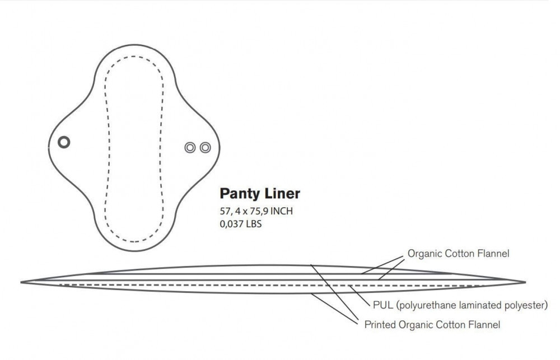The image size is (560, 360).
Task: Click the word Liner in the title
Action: tap(282, 193)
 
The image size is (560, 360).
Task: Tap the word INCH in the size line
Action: tap(282, 211)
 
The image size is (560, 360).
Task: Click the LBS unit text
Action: tap(253, 224)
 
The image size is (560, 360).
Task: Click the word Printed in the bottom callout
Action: tap(380, 325)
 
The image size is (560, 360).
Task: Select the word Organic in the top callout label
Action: tap(425, 254)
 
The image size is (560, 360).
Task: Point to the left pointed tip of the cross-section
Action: tap(21, 283)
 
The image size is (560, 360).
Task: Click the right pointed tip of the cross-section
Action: tap(525, 282)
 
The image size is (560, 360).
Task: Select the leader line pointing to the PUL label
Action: tap(360, 296)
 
